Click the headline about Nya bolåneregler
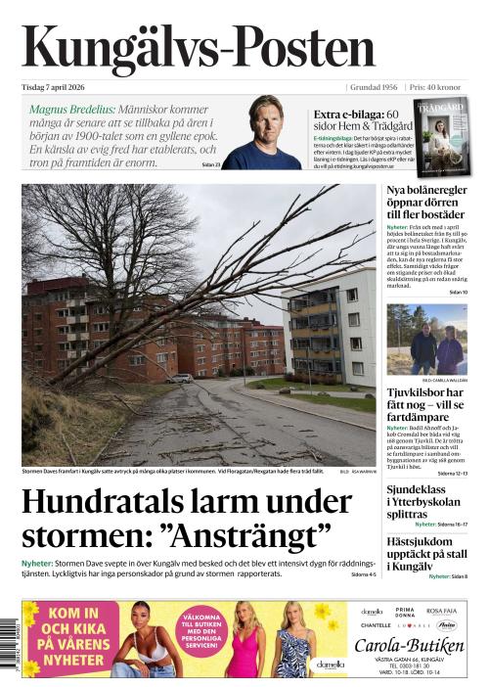(x=425, y=202)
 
